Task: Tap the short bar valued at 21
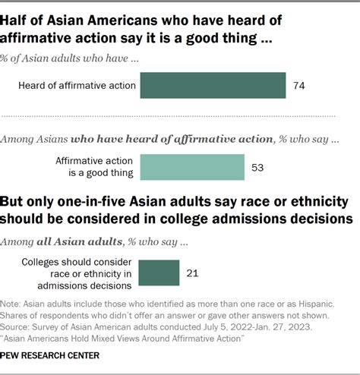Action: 159,270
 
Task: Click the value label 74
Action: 298,86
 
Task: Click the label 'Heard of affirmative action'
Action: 77,86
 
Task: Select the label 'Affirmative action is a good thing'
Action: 94,166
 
